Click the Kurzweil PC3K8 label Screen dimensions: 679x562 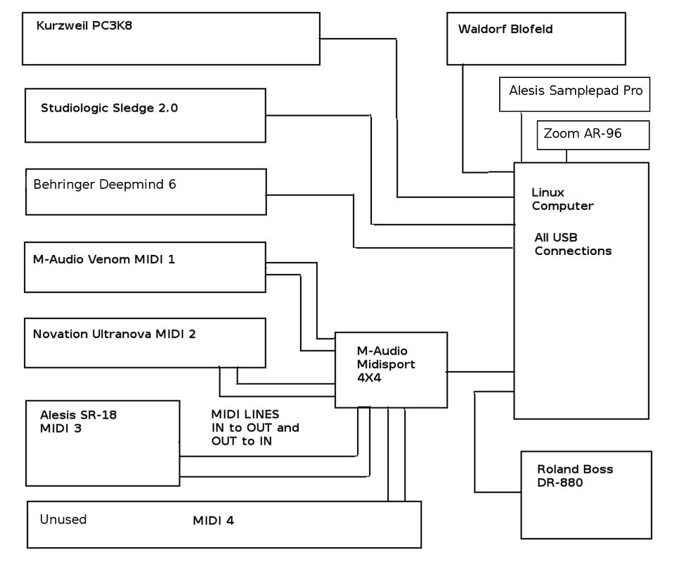(84, 25)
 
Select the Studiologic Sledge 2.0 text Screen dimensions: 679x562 (109, 108)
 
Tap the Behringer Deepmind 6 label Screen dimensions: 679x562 (104, 185)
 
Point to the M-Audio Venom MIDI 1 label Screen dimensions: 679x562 (104, 260)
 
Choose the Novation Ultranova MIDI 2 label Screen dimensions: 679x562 (115, 334)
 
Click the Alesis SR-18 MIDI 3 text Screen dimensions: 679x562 (79, 421)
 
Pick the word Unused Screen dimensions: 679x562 (63, 519)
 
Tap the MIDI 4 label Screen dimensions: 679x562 (214, 521)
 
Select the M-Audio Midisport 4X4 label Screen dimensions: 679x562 (386, 365)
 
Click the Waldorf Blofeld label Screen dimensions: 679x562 (505, 29)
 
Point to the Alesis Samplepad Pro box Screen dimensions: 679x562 (575, 94)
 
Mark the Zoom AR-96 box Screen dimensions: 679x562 (593, 136)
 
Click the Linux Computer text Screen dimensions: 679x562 (562, 199)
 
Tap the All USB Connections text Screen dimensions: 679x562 (573, 244)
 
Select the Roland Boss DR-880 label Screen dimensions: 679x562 (575, 476)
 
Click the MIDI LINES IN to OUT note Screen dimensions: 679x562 (255, 428)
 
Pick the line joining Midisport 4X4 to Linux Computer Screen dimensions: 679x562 (481, 372)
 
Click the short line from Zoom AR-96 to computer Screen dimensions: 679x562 (567, 156)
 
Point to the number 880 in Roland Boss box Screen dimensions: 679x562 (569, 483)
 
